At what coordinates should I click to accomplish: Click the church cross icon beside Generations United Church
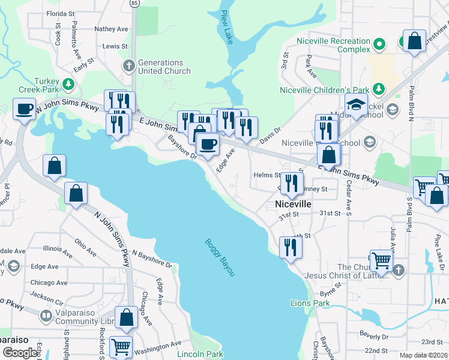click(x=128, y=65)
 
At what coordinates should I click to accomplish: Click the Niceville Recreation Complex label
click(x=333, y=45)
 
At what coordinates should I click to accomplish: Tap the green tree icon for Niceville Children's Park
click(x=379, y=89)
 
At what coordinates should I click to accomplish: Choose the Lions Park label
click(x=310, y=303)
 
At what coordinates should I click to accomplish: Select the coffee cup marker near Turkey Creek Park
click(x=25, y=110)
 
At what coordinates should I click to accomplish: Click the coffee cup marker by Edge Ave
click(x=208, y=145)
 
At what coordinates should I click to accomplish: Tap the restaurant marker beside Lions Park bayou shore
click(x=291, y=247)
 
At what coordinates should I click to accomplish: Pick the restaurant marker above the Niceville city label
click(x=292, y=184)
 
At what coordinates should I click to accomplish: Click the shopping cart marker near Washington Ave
click(x=121, y=347)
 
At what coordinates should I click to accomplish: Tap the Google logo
click(x=20, y=353)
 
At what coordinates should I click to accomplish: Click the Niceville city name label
click(x=293, y=204)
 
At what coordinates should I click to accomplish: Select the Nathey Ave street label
click(x=112, y=28)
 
